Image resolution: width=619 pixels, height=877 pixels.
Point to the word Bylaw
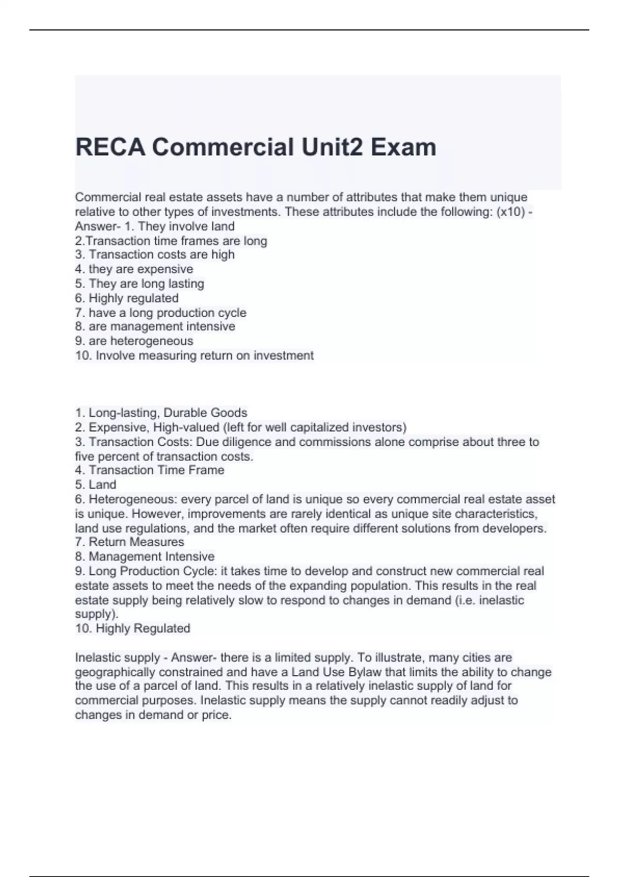coord(366,672)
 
